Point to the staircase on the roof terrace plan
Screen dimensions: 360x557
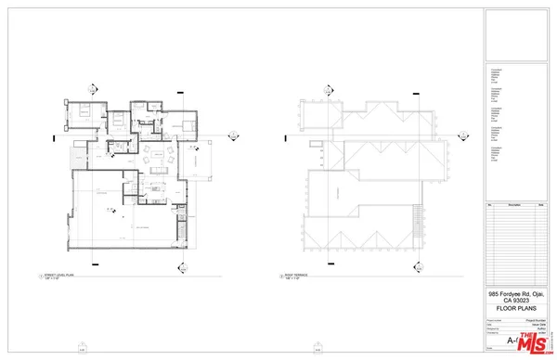tap(417, 214)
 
